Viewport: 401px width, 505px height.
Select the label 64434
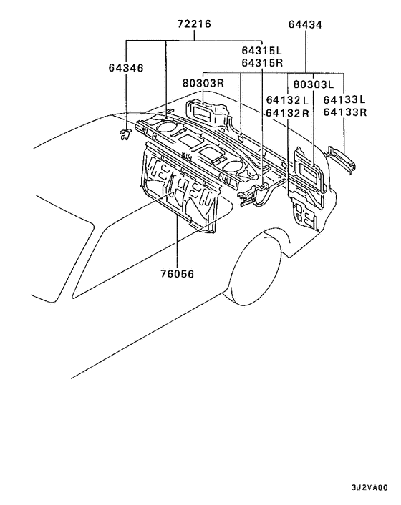[306, 24]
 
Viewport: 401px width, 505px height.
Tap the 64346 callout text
[126, 68]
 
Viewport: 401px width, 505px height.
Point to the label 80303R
[203, 83]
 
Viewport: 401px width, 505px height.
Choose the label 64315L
[262, 50]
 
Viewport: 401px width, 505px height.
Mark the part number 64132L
[287, 100]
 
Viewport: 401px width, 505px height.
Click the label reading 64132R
[287, 113]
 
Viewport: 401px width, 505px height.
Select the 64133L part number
[344, 100]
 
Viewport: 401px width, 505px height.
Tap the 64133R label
[344, 113]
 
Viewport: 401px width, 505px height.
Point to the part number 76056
[177, 273]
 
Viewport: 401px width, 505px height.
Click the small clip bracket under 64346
[125, 132]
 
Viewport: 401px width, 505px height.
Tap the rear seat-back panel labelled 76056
[179, 190]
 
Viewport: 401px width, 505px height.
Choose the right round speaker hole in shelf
[231, 166]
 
